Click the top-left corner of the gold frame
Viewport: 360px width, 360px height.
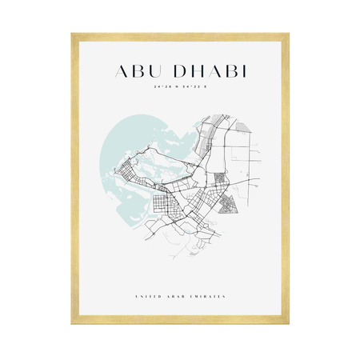pos(73,34)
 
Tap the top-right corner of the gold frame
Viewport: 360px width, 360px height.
pos(287,34)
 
